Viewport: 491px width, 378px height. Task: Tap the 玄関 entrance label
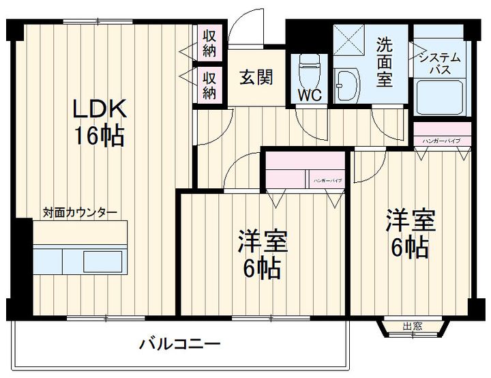[x=256, y=77]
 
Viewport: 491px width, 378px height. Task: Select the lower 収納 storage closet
[x=209, y=83]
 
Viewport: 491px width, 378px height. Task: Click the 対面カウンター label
[x=80, y=212]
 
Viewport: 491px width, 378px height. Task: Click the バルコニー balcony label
[x=180, y=343]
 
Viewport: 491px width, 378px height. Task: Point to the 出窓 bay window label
[x=412, y=326]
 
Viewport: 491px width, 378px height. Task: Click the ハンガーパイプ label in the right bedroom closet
[x=441, y=141]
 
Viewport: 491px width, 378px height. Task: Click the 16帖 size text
[x=99, y=136]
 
